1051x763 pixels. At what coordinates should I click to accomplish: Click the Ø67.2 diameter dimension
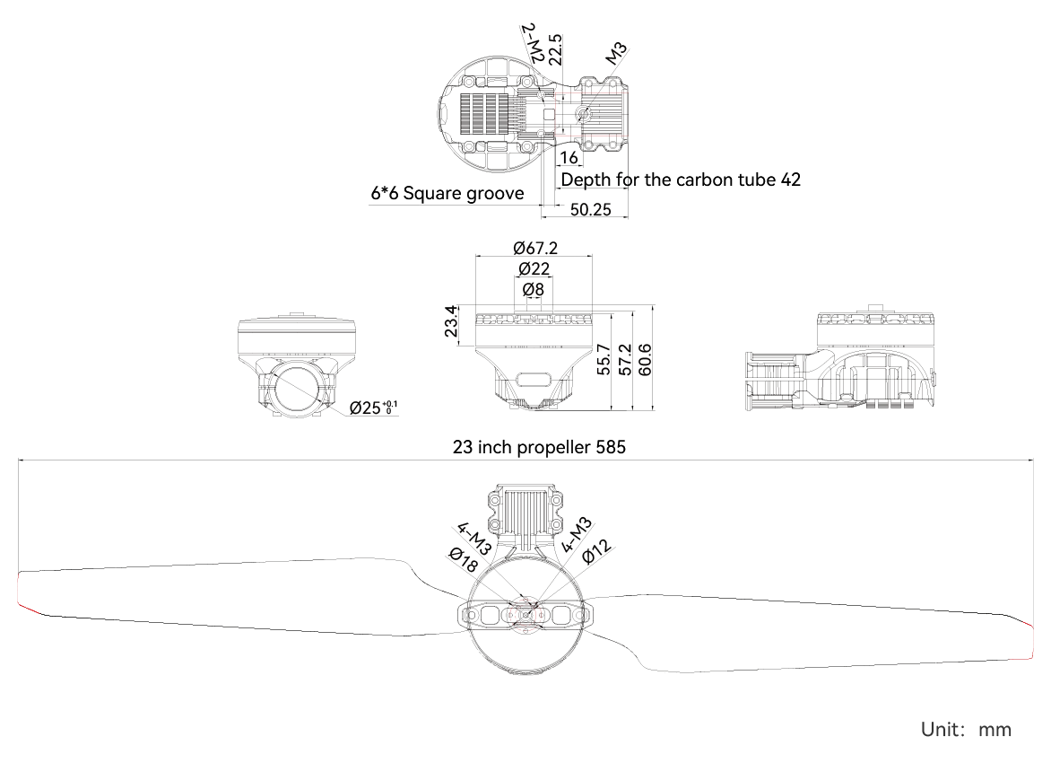coord(534,248)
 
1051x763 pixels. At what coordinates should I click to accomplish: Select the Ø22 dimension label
coord(534,268)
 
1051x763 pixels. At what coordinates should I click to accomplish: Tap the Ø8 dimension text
coord(533,289)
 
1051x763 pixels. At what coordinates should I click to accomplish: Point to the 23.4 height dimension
coord(451,320)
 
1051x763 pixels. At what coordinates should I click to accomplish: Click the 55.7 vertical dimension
coord(603,359)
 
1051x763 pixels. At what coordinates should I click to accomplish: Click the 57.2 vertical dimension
coord(624,359)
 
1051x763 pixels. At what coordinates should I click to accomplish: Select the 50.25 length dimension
coord(591,209)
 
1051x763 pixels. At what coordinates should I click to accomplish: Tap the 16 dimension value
coord(569,158)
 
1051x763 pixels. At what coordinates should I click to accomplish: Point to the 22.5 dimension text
coord(556,49)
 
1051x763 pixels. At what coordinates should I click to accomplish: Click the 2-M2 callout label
coord(533,42)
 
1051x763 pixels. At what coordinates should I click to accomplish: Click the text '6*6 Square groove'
coord(447,193)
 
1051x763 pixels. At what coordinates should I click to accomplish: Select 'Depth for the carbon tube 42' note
coord(681,180)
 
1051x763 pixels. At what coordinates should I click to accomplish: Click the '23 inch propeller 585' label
coord(539,447)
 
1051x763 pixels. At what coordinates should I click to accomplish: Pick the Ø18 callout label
coord(464,559)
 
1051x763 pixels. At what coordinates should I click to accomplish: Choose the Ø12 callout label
coord(597,552)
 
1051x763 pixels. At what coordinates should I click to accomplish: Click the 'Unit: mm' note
coord(966,730)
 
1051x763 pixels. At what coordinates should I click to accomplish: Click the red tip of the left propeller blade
coord(30,610)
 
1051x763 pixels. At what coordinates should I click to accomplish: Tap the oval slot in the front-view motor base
coord(534,381)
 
